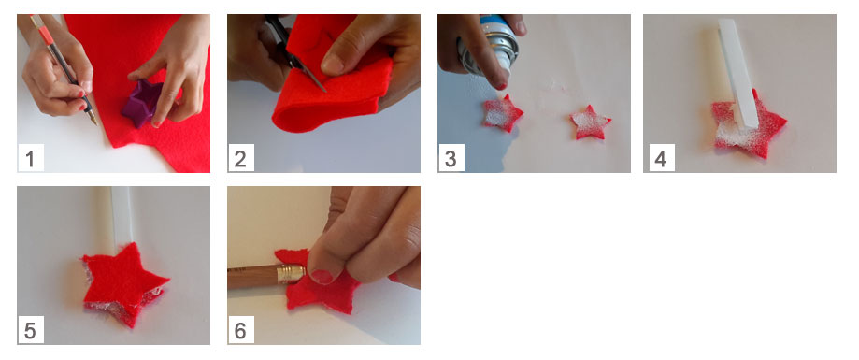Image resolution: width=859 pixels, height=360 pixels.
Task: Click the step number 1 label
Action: (30, 159)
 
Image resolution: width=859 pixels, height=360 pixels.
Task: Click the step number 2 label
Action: (240, 159)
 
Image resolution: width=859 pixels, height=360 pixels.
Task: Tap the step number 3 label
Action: (451, 159)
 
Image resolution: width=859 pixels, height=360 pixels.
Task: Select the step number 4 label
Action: (661, 159)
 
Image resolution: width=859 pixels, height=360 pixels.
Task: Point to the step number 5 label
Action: (30, 331)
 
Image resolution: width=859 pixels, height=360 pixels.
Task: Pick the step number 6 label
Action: (240, 331)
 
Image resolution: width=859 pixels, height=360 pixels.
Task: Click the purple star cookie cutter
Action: (142, 103)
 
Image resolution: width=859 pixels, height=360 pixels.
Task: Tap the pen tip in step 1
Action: (95, 122)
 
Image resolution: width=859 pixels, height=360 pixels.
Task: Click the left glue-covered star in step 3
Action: (502, 113)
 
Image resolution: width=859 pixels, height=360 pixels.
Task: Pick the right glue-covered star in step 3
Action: (590, 122)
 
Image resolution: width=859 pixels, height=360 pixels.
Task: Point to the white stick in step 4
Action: (737, 75)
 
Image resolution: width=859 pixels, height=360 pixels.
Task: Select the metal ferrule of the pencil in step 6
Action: (292, 274)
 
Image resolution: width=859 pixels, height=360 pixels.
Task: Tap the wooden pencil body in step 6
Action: (253, 278)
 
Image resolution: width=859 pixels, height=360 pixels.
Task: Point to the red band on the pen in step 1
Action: (46, 36)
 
